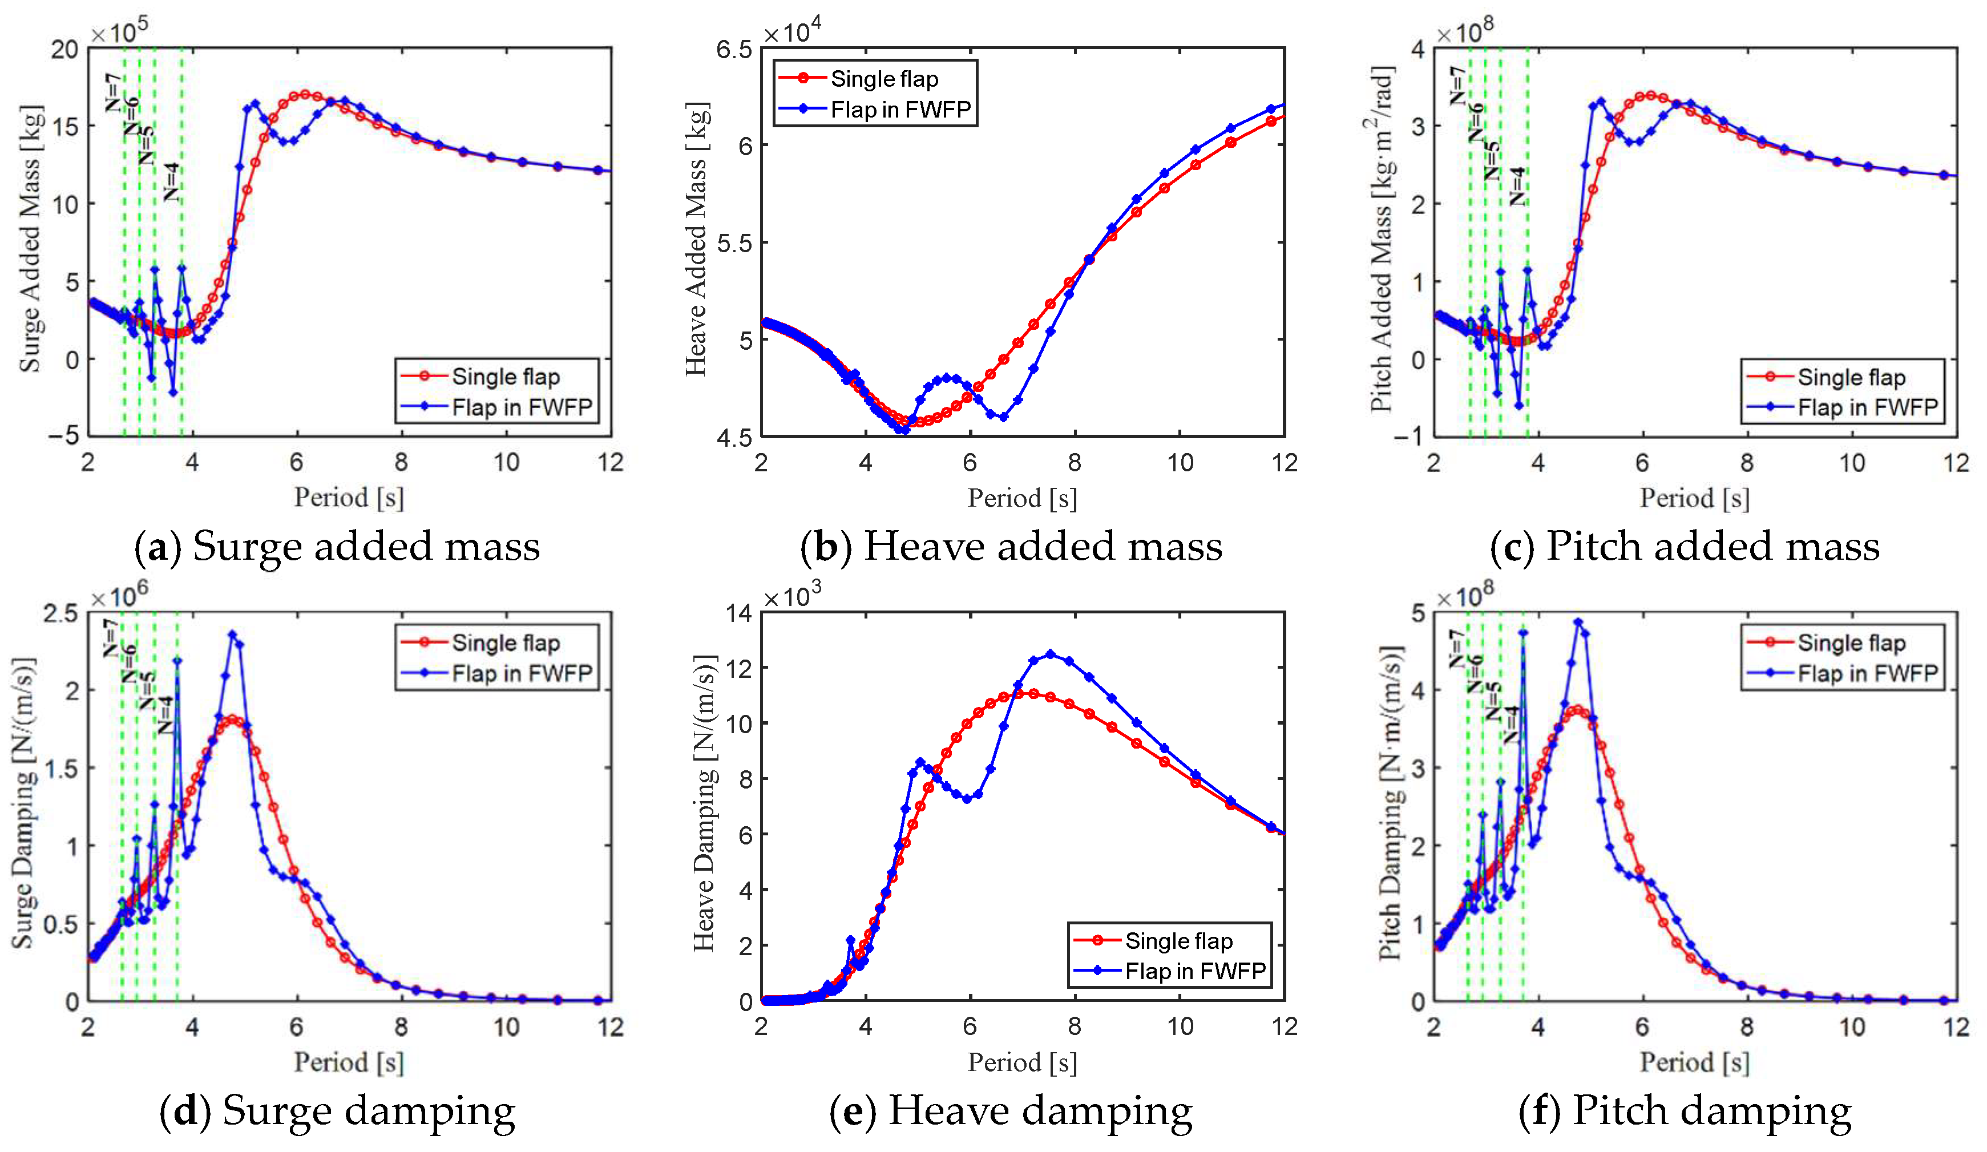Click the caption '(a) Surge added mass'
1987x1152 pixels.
(337, 547)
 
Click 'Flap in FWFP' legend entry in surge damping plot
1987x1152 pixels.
(520, 673)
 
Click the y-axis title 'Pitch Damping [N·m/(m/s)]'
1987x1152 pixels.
(1391, 803)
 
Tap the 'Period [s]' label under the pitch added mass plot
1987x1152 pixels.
(1694, 498)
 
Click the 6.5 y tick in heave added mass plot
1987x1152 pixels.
(734, 50)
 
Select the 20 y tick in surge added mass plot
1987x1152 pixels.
(64, 50)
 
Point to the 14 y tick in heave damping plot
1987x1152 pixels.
(739, 613)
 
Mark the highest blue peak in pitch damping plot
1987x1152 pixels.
(1578, 622)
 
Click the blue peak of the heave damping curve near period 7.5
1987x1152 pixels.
(1049, 654)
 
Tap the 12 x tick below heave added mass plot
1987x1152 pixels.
(1283, 463)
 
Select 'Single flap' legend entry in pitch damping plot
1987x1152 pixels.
(1851, 642)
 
